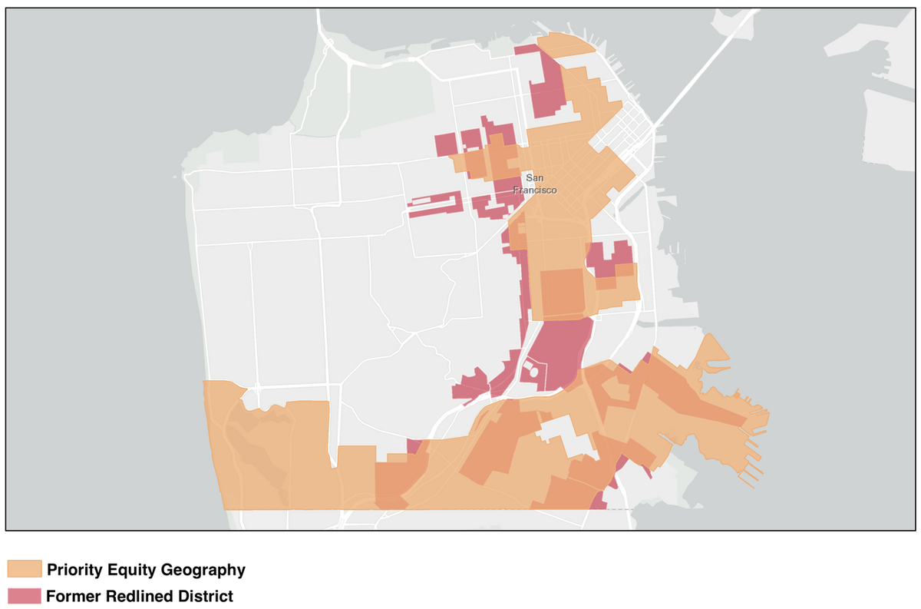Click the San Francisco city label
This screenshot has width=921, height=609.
tap(534, 184)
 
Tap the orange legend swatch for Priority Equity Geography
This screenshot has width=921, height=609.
tap(24, 569)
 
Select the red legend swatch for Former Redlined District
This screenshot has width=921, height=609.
tap(24, 596)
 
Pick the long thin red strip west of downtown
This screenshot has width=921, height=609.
tap(435, 205)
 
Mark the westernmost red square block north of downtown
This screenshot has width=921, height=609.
tap(445, 144)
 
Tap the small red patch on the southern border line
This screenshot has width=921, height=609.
tap(598, 503)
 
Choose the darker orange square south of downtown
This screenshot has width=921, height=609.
tap(563, 293)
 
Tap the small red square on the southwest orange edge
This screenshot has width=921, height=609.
tap(414, 446)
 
